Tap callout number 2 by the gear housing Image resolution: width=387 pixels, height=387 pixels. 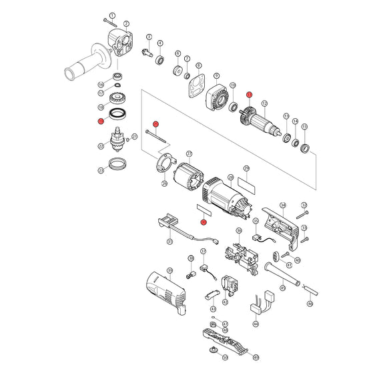pos(127,24)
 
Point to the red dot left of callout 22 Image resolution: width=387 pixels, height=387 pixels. pos(100,121)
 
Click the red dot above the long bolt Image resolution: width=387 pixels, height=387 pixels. pos(155,123)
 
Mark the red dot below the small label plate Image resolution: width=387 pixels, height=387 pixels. pos(204,221)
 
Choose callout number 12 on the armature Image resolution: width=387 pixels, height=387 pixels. pos(264,103)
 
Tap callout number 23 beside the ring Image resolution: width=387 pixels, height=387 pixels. pos(101,170)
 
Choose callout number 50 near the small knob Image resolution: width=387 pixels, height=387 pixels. pos(225,358)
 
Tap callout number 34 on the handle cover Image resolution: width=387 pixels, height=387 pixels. pos(283,205)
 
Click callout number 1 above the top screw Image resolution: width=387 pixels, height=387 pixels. pos(112,15)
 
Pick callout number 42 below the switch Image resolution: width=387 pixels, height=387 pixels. pos(225,302)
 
